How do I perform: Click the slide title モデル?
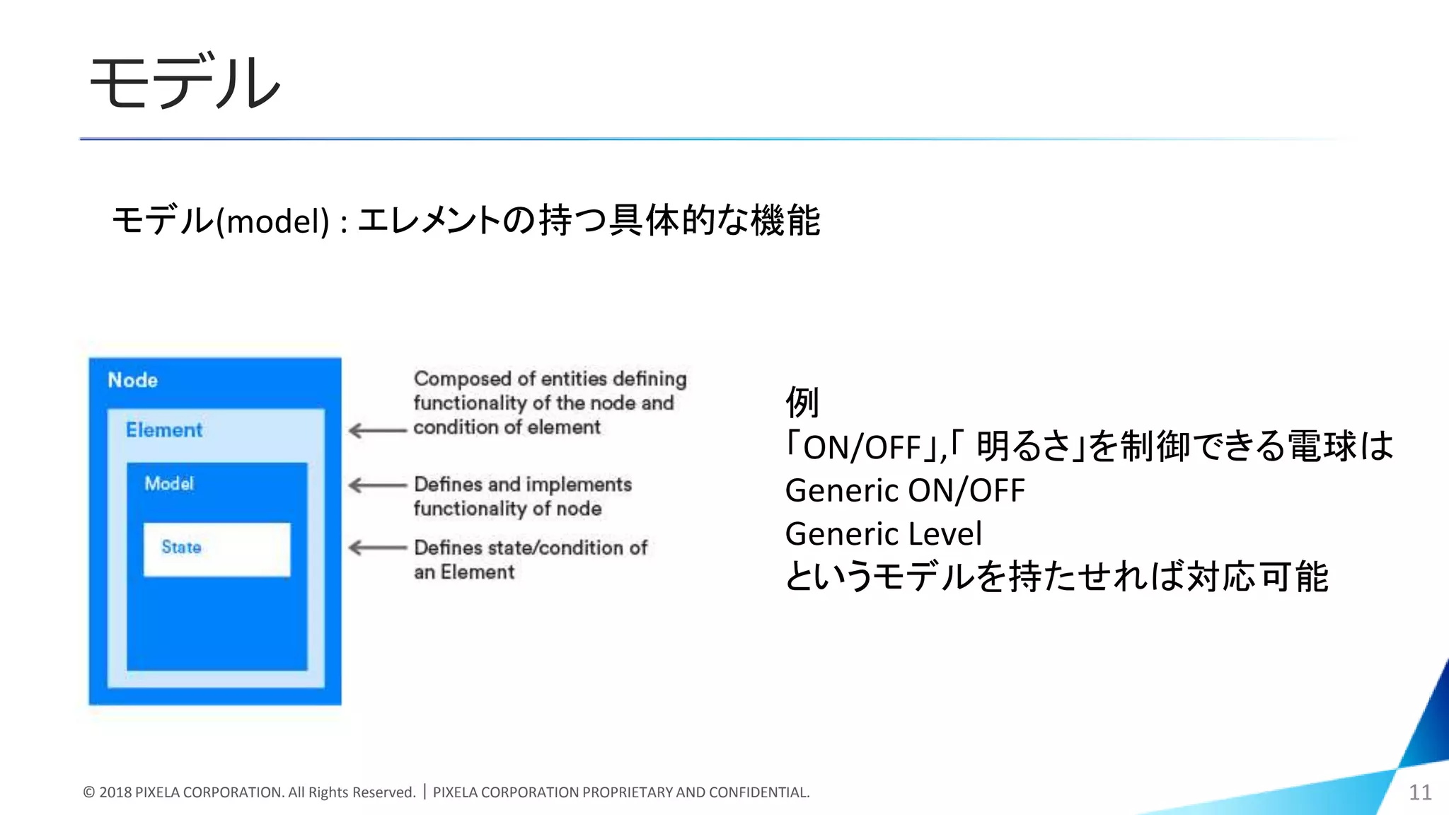coord(185,83)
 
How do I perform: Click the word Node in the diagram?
coord(132,380)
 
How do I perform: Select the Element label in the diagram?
coord(164,429)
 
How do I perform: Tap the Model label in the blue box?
coord(169,483)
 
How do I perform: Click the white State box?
coord(217,549)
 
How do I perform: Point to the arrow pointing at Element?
coord(378,430)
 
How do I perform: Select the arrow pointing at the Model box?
coord(378,485)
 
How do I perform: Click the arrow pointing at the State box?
coord(378,548)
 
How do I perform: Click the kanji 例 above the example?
coord(802,403)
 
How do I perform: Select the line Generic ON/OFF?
coord(905,490)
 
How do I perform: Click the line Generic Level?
coord(884,533)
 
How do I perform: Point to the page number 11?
coord(1420,792)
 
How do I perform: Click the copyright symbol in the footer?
coord(89,792)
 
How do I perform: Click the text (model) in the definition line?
coord(272,221)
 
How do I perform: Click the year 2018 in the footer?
coord(115,792)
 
